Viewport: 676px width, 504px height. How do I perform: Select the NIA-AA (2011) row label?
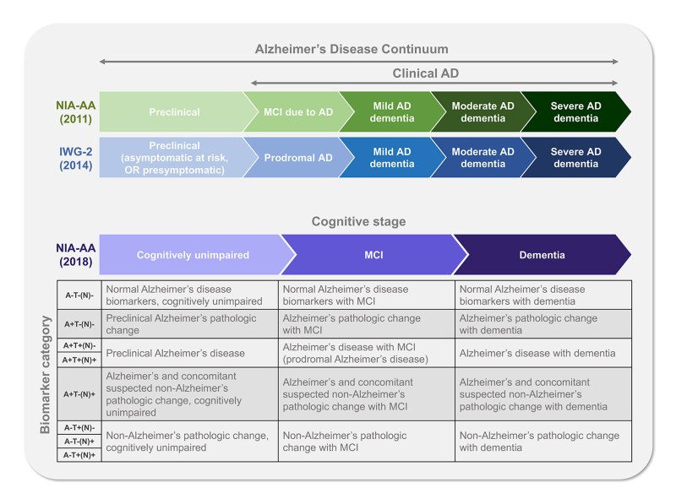[73, 111]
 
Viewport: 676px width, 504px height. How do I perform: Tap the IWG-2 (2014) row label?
[73, 158]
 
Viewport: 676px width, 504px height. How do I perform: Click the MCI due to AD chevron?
[291, 111]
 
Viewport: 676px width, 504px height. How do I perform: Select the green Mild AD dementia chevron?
[383, 111]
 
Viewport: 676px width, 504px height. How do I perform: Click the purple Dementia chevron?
[541, 254]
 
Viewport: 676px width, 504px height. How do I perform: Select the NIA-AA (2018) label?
[73, 254]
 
